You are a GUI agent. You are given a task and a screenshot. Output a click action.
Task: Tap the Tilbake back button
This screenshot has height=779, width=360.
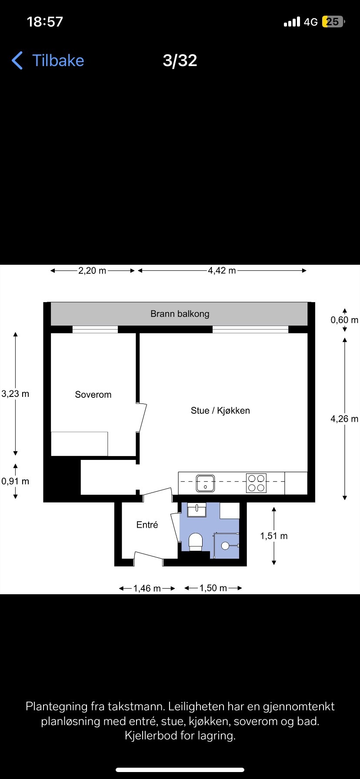(x=48, y=60)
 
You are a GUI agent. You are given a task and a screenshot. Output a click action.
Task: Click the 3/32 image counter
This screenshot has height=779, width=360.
(x=180, y=60)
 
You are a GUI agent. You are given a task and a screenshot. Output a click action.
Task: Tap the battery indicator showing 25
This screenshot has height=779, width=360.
(x=333, y=22)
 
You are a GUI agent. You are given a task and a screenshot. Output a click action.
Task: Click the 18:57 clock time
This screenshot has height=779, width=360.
(x=45, y=22)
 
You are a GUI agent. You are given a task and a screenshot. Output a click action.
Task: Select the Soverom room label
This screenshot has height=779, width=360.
(x=93, y=395)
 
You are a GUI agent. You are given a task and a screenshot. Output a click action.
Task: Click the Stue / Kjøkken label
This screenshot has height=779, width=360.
(x=220, y=410)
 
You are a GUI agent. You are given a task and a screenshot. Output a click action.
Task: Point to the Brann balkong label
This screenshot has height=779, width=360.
(x=180, y=314)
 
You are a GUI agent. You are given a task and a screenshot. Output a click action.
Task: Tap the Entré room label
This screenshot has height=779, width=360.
(x=147, y=525)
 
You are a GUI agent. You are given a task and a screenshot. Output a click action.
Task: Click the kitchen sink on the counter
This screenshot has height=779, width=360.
(x=205, y=483)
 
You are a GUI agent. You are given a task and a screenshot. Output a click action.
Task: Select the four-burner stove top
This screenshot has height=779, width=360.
(x=257, y=483)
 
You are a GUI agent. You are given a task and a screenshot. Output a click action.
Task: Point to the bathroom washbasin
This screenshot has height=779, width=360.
(x=197, y=509)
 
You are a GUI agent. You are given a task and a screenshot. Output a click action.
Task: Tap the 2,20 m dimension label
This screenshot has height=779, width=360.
(x=92, y=270)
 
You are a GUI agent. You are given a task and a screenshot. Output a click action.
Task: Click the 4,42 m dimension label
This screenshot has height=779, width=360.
(x=222, y=270)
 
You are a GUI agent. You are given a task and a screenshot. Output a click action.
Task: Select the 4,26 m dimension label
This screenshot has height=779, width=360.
(x=344, y=419)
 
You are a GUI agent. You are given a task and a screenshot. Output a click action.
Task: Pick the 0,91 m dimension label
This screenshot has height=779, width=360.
(x=15, y=481)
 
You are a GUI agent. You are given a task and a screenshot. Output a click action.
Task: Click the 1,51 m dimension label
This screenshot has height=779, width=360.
(x=274, y=536)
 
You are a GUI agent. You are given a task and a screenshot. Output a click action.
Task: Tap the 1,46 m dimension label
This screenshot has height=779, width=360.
(x=147, y=589)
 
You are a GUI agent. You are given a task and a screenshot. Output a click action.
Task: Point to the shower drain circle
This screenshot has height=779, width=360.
(x=225, y=546)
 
